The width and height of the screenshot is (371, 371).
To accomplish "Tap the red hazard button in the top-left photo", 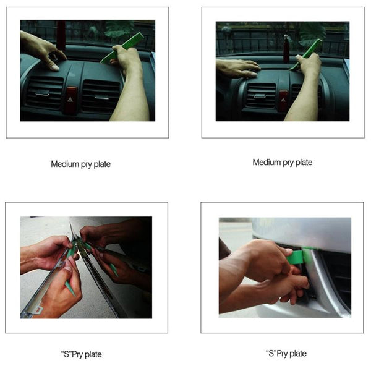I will pos(70,97).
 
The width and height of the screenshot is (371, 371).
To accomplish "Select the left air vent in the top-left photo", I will pos(44,92).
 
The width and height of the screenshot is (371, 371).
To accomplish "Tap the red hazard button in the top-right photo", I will pos(283,99).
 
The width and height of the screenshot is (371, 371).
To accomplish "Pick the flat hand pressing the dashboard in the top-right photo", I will pos(238,67).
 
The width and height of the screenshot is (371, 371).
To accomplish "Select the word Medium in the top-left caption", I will pos(65,164).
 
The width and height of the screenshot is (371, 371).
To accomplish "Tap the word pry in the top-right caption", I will pos(290,163).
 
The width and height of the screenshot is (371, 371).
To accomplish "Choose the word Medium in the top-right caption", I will pos(267,163).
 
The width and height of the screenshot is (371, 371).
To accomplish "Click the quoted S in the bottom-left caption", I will pos(64,354).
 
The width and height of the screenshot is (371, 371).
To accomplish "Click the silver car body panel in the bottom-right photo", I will pos(309,232).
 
